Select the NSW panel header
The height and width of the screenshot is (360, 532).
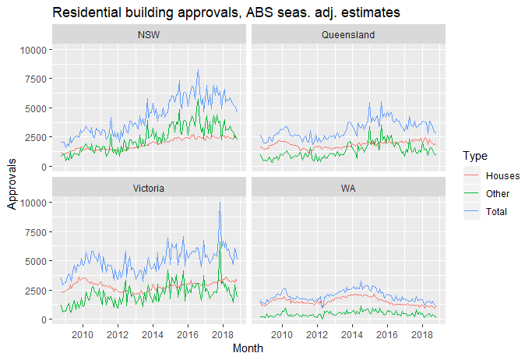tap(148, 35)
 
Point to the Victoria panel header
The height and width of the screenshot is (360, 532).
tap(148, 188)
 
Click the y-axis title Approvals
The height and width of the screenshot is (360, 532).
tap(12, 184)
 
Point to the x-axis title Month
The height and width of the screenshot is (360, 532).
tap(248, 349)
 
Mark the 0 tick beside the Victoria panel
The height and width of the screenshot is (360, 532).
tap(44, 319)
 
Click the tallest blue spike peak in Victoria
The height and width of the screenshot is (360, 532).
tap(220, 203)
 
